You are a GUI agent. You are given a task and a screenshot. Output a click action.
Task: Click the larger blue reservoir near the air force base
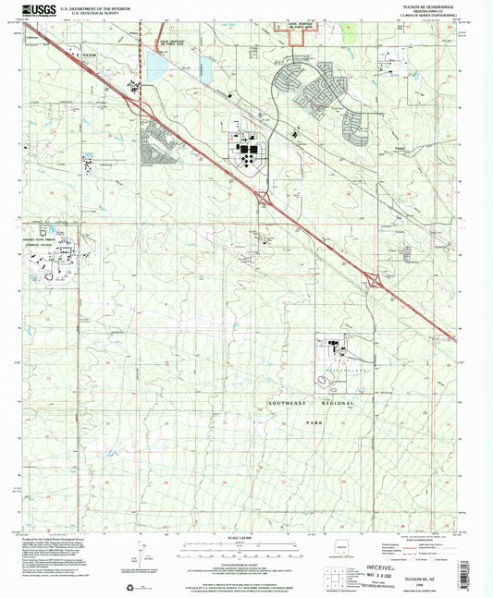154,65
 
